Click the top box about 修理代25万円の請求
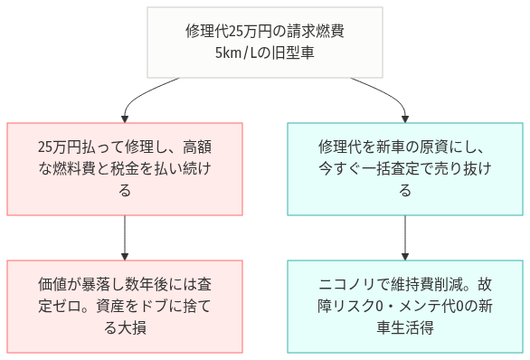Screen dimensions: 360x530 pos(263,42)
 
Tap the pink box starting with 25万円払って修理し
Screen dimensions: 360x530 pos(125,168)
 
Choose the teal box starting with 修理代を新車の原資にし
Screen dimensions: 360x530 pos(404,168)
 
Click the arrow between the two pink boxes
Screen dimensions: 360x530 pos(125,237)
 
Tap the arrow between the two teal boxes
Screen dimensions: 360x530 pos(404,237)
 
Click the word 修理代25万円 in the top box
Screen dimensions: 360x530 pos(222,31)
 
